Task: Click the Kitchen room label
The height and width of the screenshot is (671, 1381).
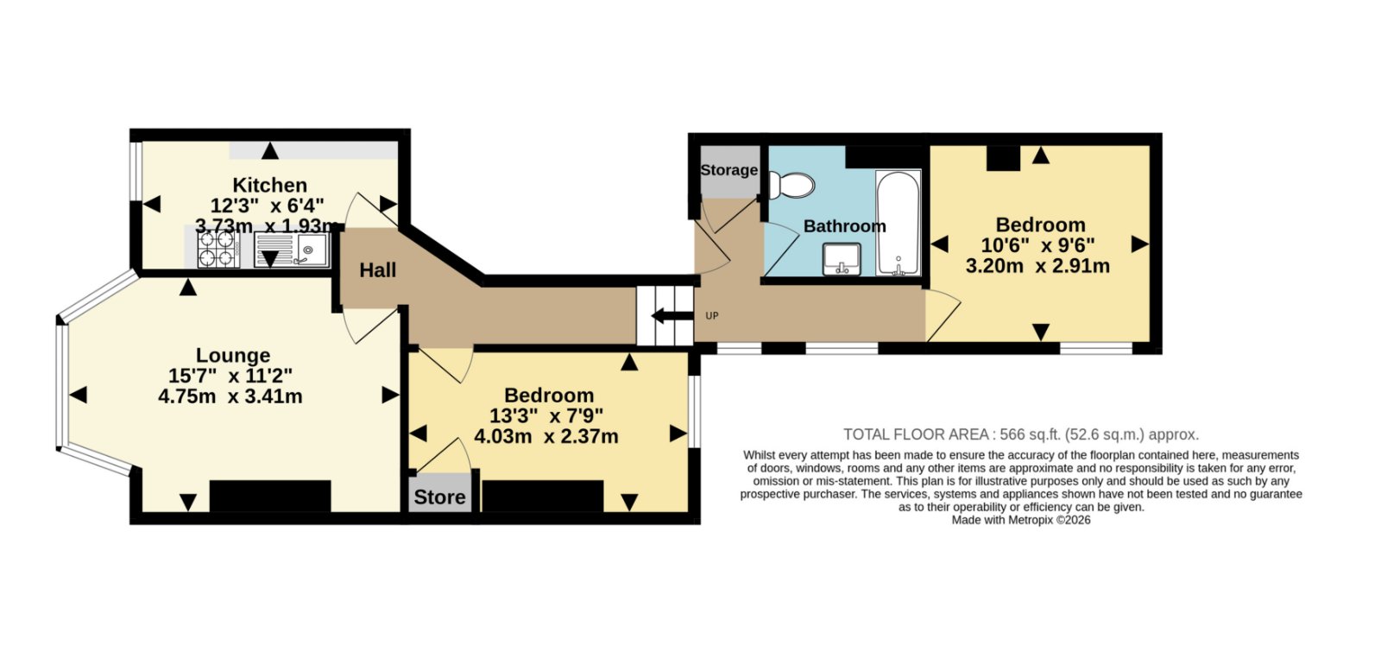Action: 269,185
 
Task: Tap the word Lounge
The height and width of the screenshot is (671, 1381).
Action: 233,355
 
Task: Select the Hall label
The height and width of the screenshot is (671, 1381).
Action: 377,270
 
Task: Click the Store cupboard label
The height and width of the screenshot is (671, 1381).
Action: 439,497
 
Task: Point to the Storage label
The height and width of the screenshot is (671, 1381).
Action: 728,170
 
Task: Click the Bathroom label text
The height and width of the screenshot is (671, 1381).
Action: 845,226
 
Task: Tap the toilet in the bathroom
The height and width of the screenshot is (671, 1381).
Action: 791,185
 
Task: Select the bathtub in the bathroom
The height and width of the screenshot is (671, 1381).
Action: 899,223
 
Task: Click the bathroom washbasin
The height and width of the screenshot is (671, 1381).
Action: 842,259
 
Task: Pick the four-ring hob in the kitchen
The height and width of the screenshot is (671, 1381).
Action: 218,249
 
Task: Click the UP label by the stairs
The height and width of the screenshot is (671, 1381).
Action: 711,316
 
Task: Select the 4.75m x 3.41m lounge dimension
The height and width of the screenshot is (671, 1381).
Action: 230,396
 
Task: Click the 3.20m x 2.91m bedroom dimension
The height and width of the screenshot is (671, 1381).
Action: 1037,267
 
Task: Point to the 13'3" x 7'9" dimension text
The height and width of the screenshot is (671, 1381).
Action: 546,415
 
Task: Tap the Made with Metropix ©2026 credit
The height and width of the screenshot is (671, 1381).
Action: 1021,520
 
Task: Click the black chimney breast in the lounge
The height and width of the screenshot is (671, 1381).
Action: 270,496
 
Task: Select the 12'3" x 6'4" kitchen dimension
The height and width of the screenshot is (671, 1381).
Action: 268,206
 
